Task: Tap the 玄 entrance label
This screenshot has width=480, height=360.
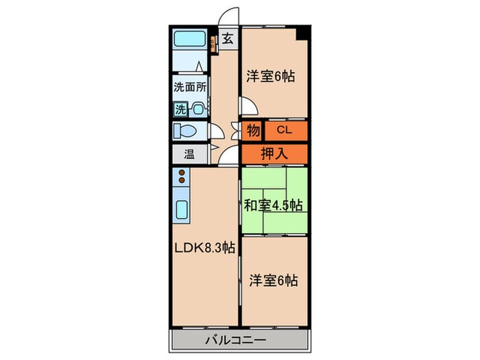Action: click(x=227, y=38)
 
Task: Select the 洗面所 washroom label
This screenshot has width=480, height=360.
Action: click(x=190, y=87)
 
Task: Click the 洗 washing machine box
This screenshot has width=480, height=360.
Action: click(x=180, y=108)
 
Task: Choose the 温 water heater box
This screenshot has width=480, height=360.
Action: click(x=189, y=154)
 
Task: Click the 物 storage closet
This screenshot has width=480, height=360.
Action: click(x=253, y=130)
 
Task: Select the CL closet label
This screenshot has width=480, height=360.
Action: click(x=285, y=130)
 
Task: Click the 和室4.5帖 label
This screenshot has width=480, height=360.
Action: click(x=274, y=204)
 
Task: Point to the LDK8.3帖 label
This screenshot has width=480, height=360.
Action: click(x=204, y=248)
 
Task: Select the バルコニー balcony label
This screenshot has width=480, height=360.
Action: click(x=237, y=340)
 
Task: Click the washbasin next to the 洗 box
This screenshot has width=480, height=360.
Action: click(x=198, y=108)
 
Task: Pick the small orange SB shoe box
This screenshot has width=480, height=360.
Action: click(x=214, y=44)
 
